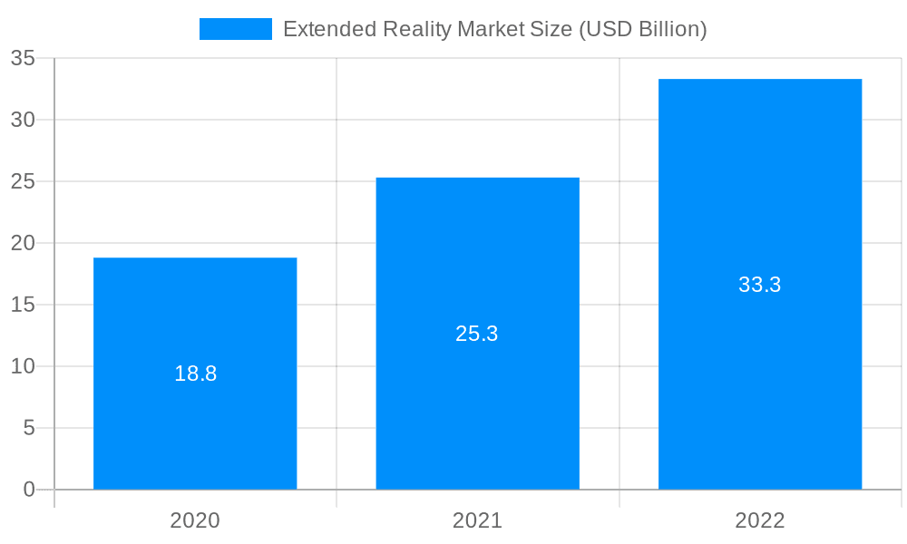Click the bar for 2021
pos(477,408)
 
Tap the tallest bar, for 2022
pos(760,381)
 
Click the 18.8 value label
pos(195,374)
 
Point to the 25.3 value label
pos(477,334)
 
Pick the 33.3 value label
pos(760,285)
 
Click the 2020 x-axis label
pos(195,520)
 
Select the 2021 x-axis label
pos(477,520)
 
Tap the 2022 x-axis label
pos(760,520)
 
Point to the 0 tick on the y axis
pos(28,490)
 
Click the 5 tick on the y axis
pos(28,428)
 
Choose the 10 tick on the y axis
pos(23,366)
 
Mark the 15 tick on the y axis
pos(23,305)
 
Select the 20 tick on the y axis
pos(23,243)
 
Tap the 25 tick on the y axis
pos(23,181)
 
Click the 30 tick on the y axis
pos(23,120)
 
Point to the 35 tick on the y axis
pos(23,58)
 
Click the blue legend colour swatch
pos(236,29)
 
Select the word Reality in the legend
pos(417,29)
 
